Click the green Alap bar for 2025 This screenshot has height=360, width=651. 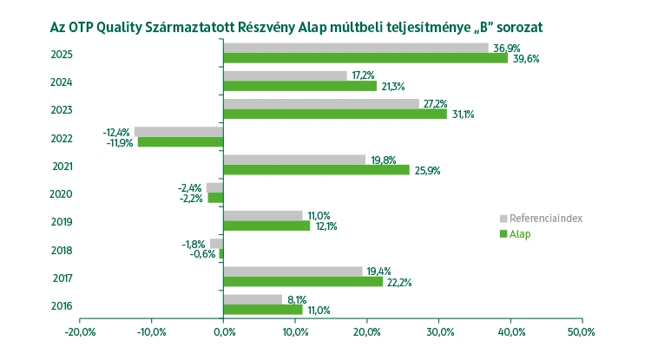pos(365,58)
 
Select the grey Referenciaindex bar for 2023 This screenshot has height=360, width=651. pos(321,103)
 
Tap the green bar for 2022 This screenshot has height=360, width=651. pos(181,141)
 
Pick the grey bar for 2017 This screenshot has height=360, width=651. pos(293,272)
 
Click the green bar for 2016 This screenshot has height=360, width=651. pos(263,310)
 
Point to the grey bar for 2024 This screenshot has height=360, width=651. pos(285,75)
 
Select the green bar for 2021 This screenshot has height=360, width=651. pos(316,170)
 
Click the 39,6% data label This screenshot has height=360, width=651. pos(525,59)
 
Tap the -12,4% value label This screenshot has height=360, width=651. pos(117,132)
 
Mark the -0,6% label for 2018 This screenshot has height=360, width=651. pos(203,254)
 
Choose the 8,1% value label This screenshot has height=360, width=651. pos(297,299)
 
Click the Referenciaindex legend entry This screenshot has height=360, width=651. pos(545,218)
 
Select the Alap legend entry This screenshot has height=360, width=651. pos(520,234)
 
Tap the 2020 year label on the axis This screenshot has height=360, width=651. pos(62,193)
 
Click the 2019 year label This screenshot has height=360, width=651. pos(62,221)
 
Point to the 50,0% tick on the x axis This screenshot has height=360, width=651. pos(582,332)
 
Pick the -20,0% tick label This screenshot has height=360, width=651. pos(80,332)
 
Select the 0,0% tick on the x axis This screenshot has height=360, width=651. pos(223,332)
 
